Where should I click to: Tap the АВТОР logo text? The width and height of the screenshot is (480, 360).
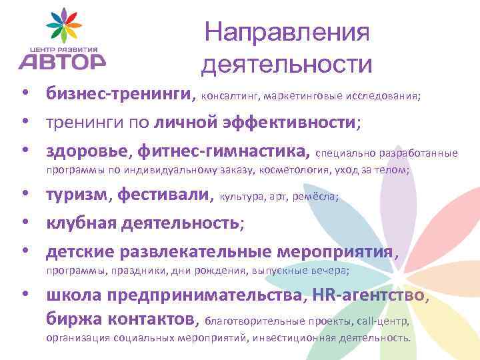pos(61,61)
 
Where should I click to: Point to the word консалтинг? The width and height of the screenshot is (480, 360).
pos(230,96)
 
